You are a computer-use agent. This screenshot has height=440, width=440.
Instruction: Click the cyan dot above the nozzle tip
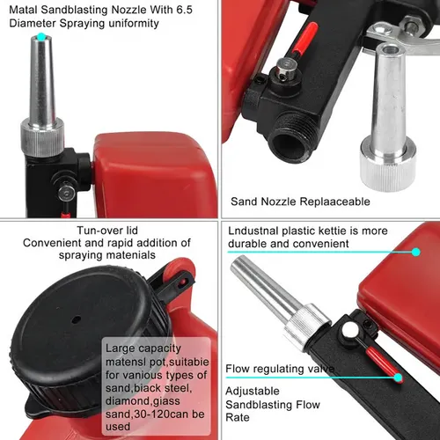click(40, 37)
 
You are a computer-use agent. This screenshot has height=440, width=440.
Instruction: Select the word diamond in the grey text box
click(130, 400)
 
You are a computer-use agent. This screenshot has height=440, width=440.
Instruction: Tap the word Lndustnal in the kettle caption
click(253, 230)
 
